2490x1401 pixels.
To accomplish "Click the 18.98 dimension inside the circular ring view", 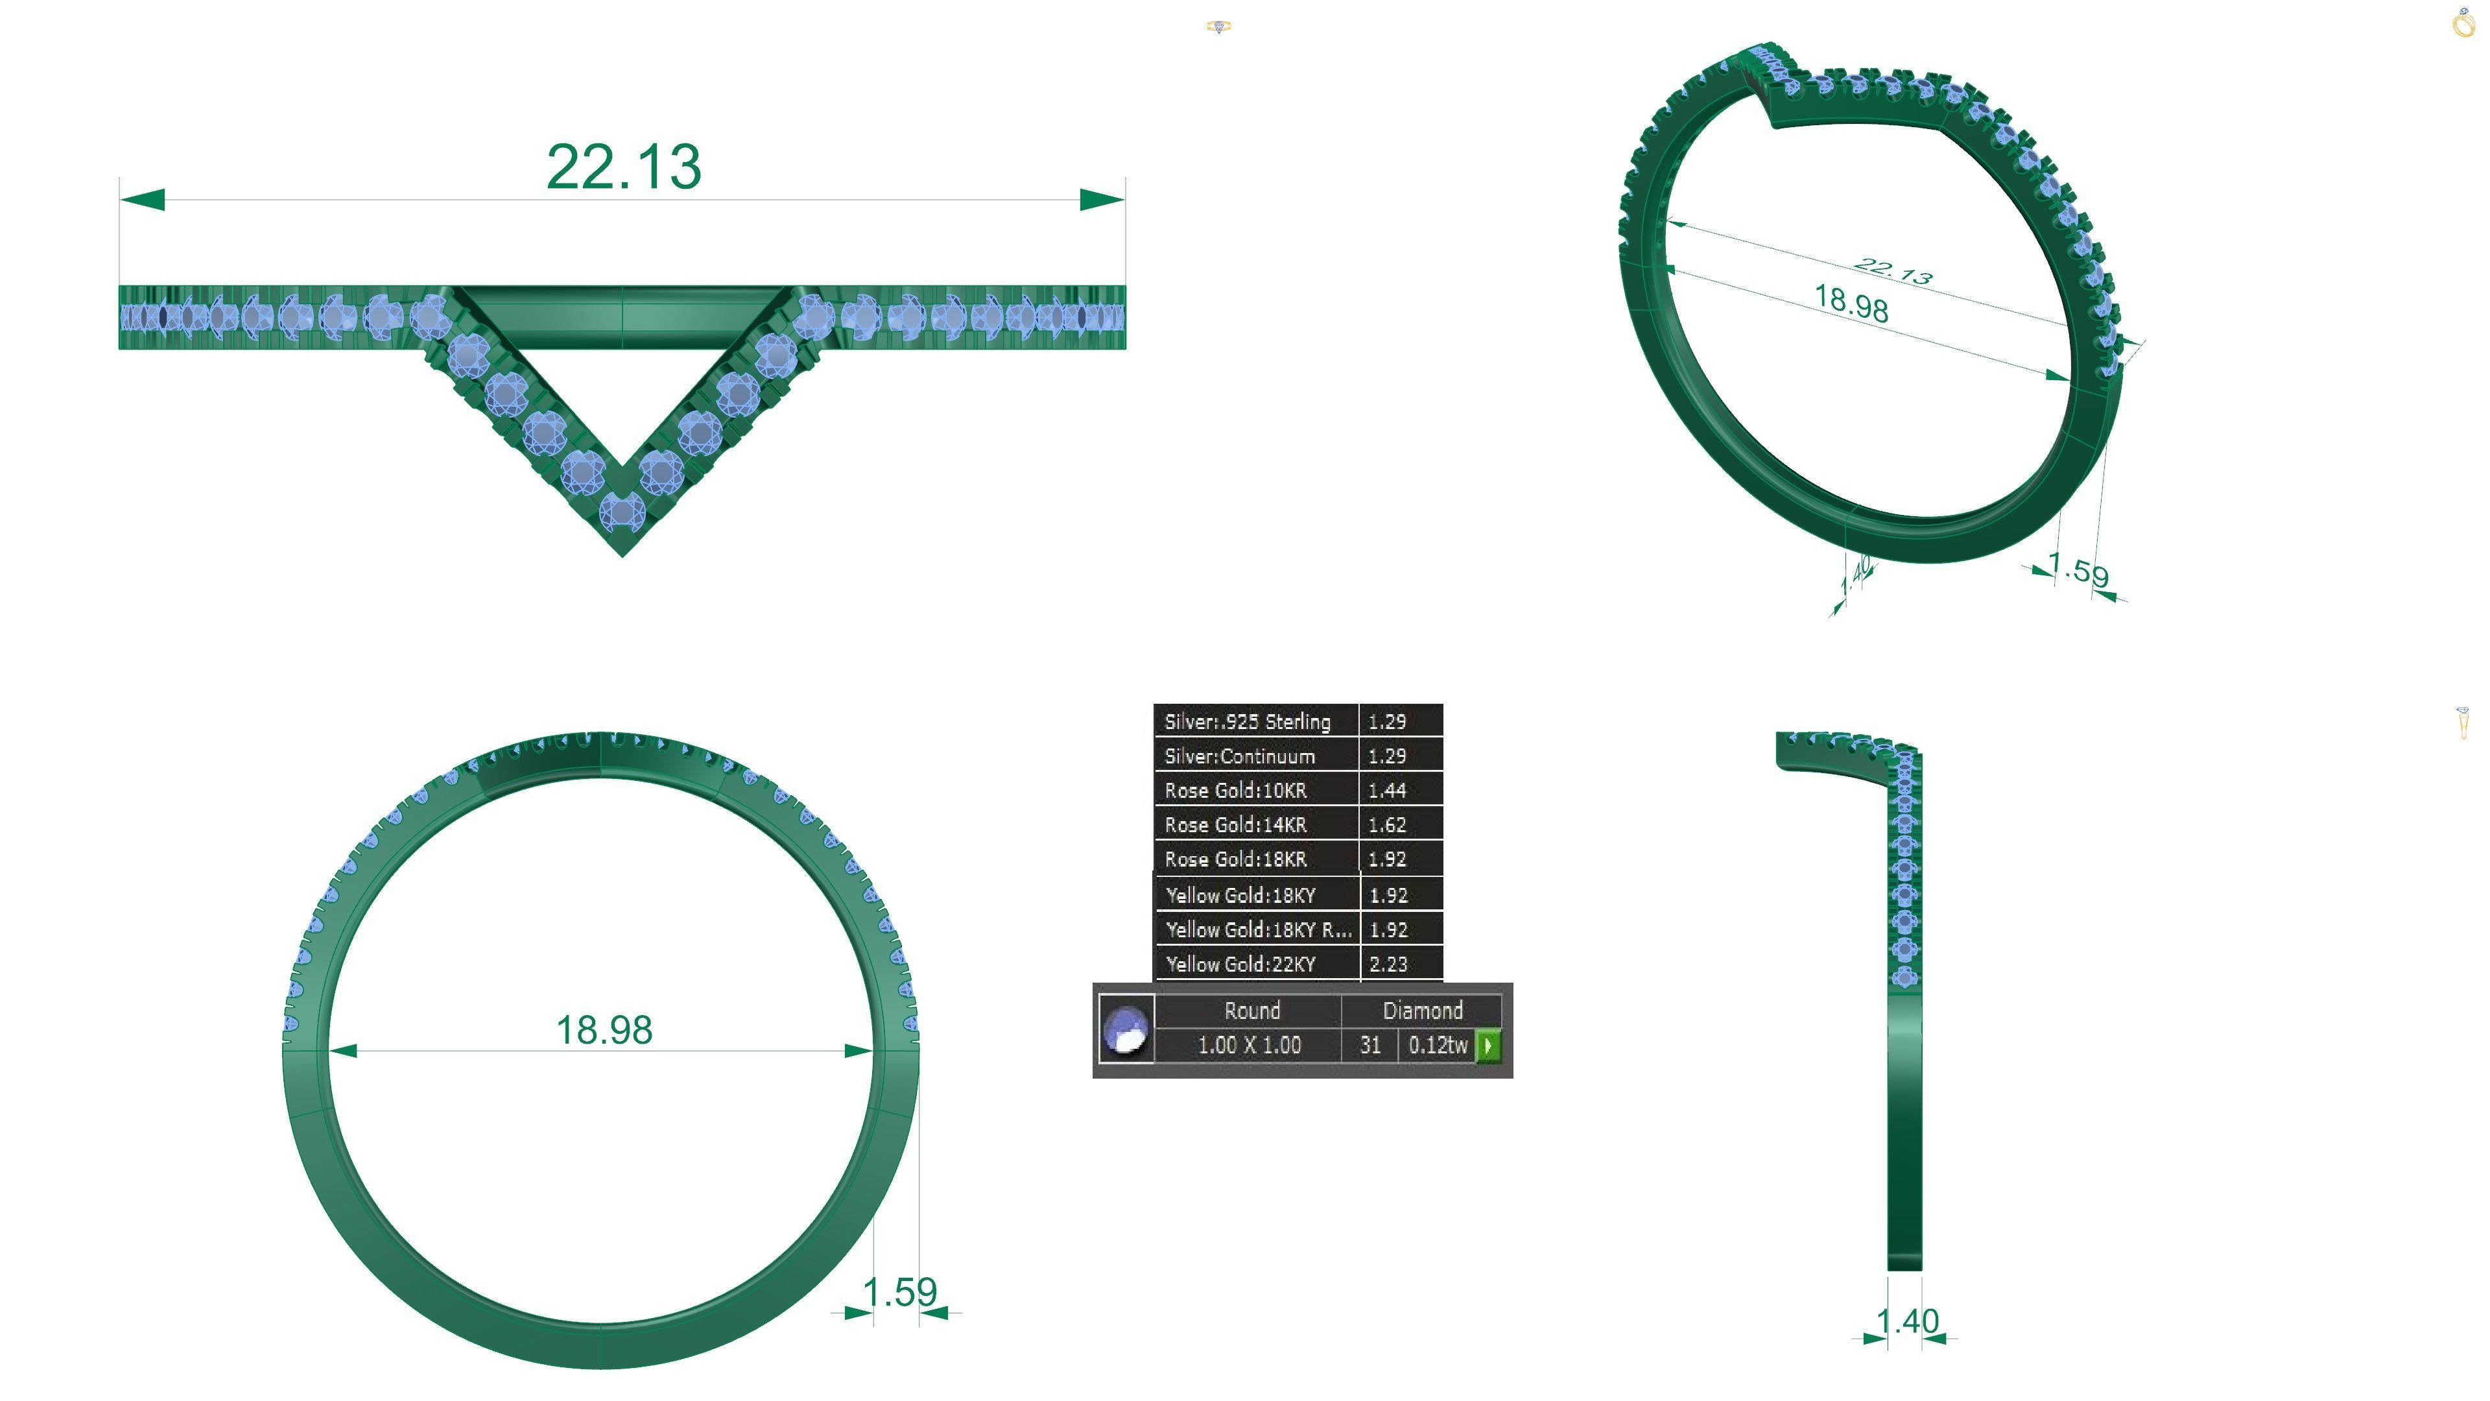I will point(604,1030).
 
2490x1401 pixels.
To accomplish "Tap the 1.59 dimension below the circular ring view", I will point(900,1292).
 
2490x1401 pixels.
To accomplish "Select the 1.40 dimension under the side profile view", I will point(1907,1321).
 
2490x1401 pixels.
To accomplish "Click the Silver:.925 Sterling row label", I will point(1247,721).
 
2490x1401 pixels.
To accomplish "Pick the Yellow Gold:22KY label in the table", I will point(1240,964).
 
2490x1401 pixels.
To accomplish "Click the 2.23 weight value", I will point(1388,964).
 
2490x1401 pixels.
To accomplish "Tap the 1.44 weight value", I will point(1386,790).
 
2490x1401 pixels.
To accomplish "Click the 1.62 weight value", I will point(1386,825).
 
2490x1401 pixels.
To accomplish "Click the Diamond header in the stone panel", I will point(1422,1011).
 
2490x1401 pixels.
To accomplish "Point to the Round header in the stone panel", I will point(1251,1011).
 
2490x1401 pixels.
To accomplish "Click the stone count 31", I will point(1369,1045).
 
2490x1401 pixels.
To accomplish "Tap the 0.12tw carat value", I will point(1438,1045).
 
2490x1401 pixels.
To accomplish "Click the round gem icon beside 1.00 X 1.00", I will point(1126,1029).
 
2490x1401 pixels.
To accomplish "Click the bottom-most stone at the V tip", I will point(622,512).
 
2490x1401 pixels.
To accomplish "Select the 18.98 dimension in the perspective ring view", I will point(1850,304).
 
